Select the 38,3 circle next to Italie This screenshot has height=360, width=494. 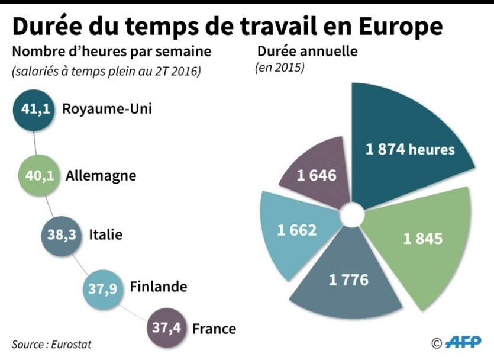click(x=61, y=234)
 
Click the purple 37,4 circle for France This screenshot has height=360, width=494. click(x=166, y=328)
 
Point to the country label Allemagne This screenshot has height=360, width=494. click(x=101, y=176)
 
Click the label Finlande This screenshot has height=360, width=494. click(x=158, y=287)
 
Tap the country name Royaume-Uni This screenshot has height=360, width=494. click(x=107, y=109)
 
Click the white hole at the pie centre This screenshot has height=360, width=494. click(x=351, y=214)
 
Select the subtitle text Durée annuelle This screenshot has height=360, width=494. click(x=306, y=52)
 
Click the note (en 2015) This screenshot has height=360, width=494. click(x=280, y=68)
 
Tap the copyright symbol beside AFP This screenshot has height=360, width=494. click(x=437, y=343)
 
